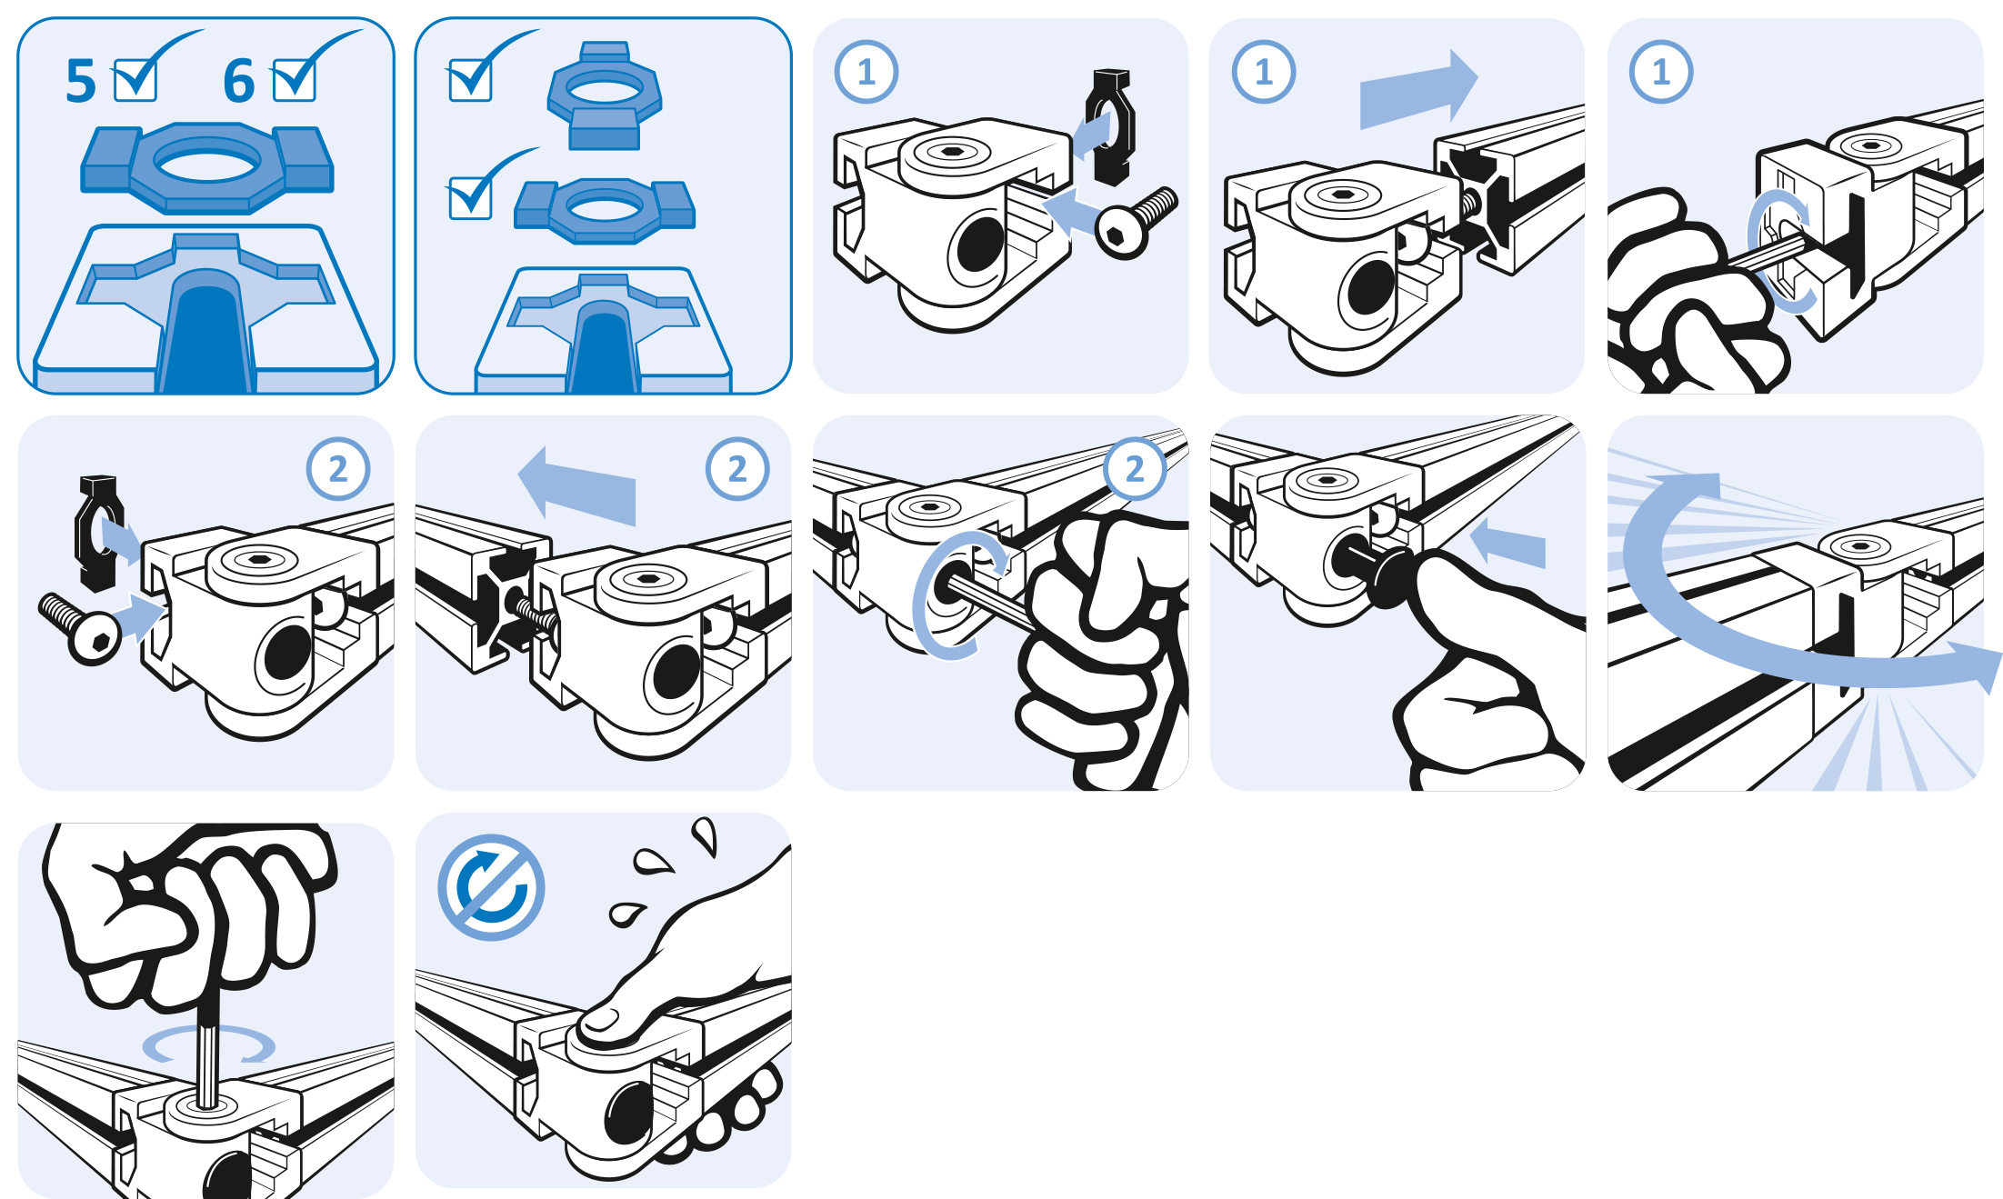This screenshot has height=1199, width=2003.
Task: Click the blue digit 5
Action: point(81,81)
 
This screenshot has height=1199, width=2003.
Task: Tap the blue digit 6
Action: point(239,81)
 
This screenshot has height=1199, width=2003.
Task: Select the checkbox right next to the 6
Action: point(295,80)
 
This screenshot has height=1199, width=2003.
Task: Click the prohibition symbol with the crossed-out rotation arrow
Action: point(491,887)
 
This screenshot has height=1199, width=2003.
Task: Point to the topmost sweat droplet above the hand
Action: point(706,836)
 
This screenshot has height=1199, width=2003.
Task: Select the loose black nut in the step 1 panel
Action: point(1111,126)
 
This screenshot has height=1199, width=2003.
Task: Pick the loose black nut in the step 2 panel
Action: point(99,533)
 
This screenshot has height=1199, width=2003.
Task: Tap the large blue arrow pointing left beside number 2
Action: point(576,486)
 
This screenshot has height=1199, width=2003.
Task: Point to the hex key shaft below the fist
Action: point(208,1054)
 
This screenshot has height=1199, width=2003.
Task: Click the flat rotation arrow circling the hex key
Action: point(209,1045)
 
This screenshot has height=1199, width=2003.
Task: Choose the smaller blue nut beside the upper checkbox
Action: point(605,95)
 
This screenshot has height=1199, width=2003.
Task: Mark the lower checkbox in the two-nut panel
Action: point(470,197)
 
